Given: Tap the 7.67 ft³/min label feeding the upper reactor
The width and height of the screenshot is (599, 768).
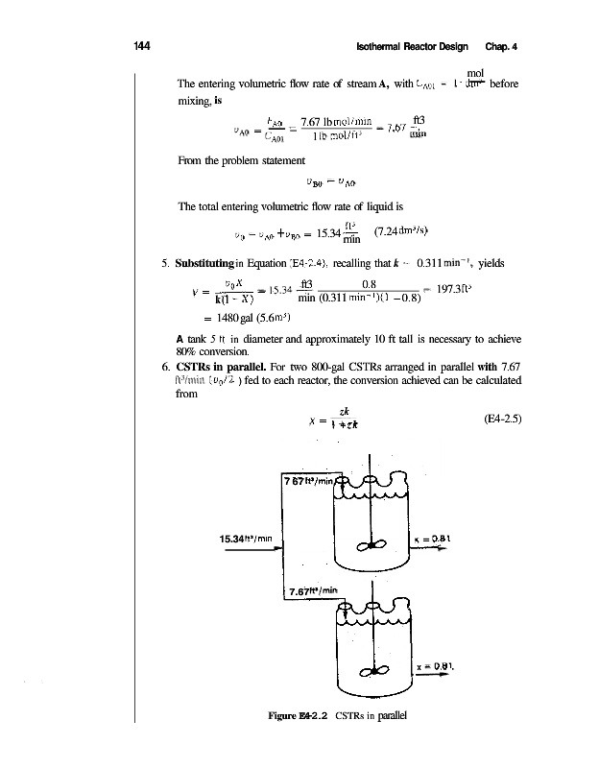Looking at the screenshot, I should coord(308,481).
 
